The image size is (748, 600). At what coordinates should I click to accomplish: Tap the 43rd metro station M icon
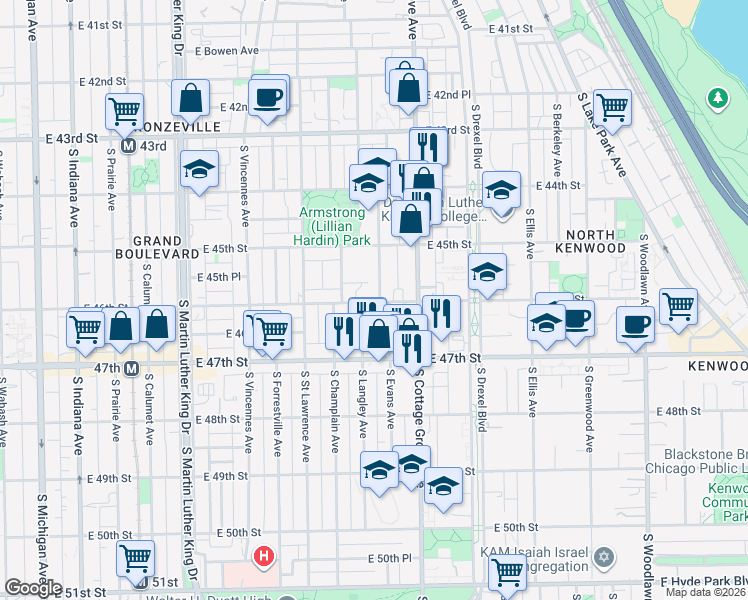(129, 146)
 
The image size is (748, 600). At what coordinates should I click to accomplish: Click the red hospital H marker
(264, 556)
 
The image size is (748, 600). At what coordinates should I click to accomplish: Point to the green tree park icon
(717, 98)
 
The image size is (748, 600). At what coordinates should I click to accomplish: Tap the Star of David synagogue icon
(603, 555)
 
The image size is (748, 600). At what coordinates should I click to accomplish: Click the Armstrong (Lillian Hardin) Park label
(335, 226)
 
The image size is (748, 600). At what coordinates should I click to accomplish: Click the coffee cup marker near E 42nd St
(268, 97)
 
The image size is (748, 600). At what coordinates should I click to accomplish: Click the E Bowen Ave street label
(227, 50)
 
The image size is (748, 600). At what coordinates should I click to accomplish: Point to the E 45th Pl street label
(219, 277)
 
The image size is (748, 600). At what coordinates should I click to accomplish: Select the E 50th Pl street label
(389, 557)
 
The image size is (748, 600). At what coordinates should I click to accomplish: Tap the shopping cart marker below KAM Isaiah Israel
(507, 572)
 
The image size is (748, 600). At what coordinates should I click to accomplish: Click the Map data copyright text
(705, 592)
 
